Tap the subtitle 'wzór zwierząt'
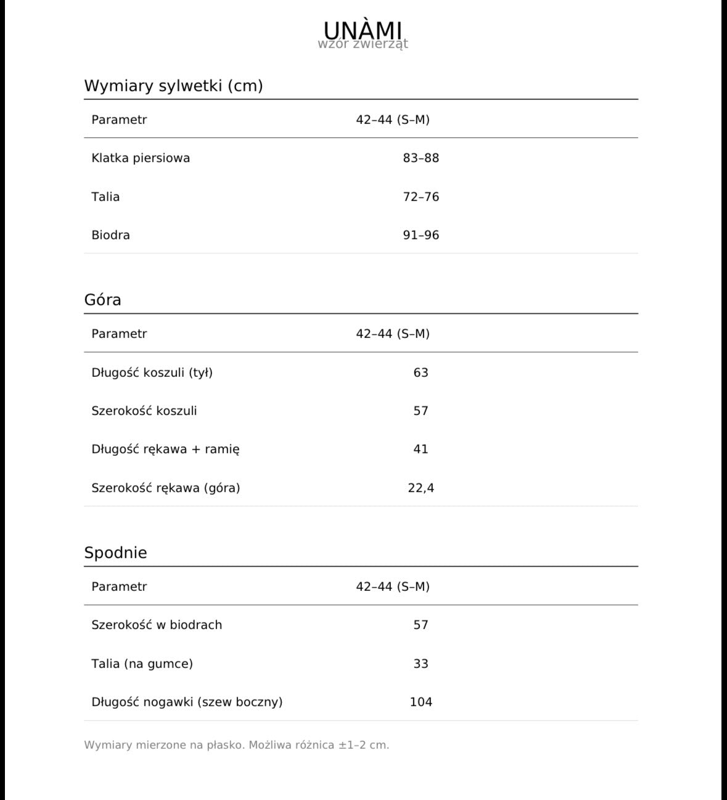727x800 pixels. click(x=363, y=44)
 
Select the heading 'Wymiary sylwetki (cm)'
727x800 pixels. click(x=173, y=86)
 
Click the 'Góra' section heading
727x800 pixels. click(x=102, y=300)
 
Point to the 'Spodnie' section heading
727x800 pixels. click(x=115, y=553)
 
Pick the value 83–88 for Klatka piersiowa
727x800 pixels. click(x=421, y=158)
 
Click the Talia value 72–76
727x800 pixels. click(x=421, y=197)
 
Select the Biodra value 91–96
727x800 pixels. click(x=421, y=235)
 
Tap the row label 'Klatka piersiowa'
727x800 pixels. click(x=141, y=158)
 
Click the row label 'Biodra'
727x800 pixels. click(x=110, y=235)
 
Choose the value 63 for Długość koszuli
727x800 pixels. click(x=421, y=373)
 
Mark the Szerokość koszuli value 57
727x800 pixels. click(x=421, y=411)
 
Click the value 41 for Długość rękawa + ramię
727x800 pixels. click(x=421, y=449)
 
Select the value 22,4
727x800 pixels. click(x=421, y=488)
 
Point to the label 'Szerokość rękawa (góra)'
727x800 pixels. click(x=165, y=488)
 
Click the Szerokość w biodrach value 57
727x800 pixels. click(x=421, y=625)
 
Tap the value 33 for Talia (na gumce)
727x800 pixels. click(x=421, y=664)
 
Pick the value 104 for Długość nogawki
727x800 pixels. click(x=421, y=702)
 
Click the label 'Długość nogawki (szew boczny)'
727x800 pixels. click(x=187, y=702)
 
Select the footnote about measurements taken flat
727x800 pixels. click(x=236, y=745)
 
